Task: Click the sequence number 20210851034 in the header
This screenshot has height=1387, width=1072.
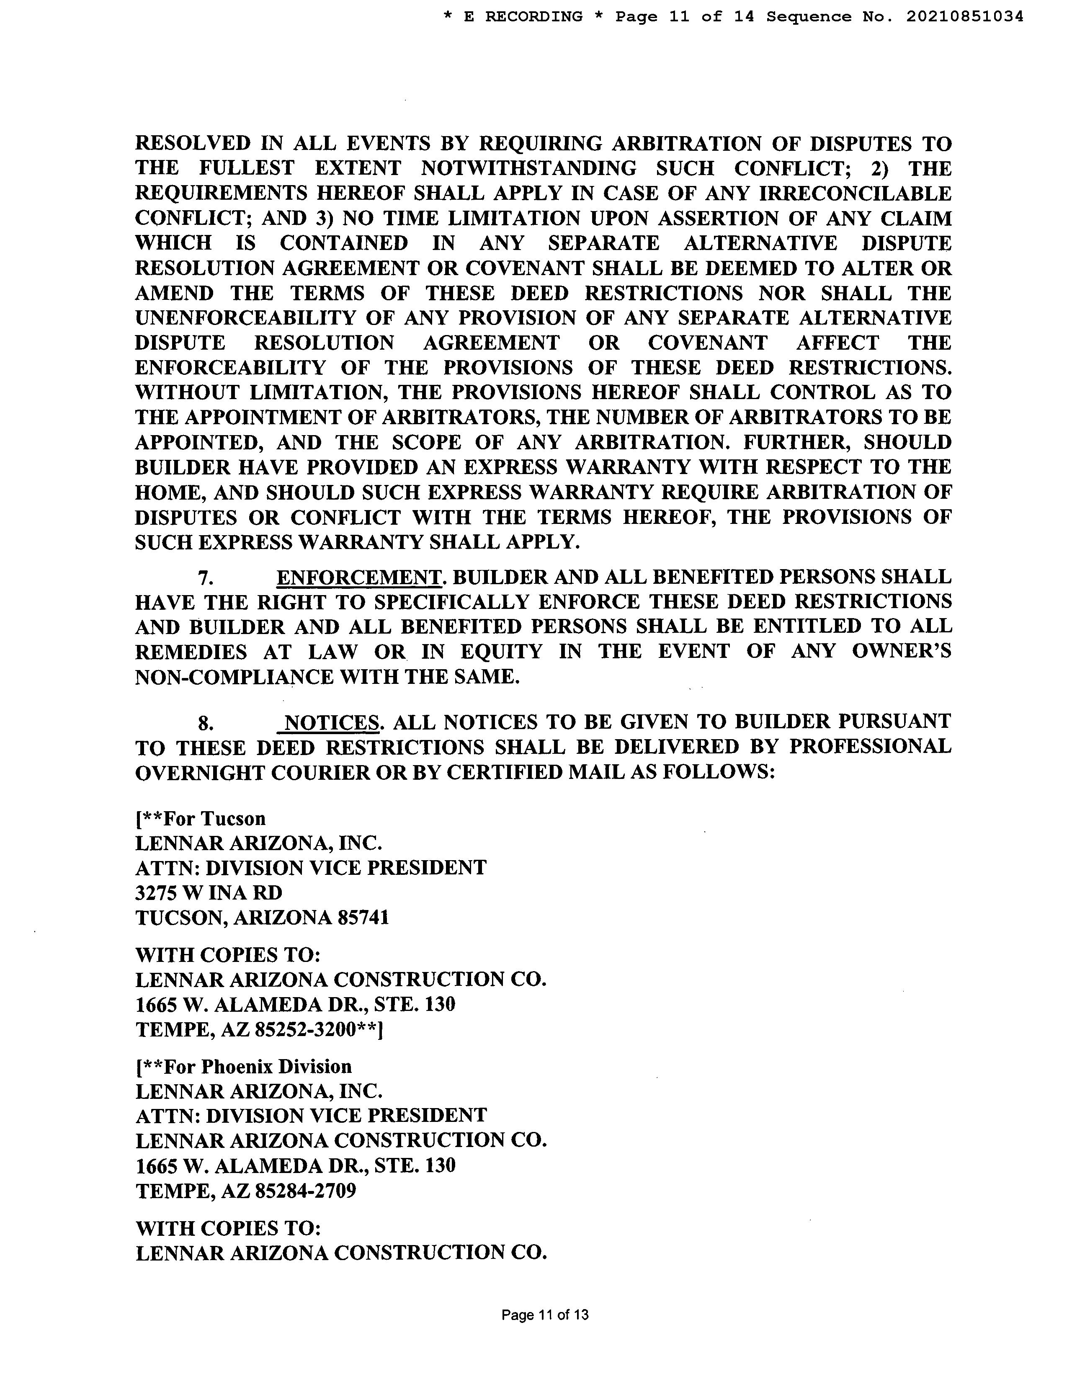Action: (964, 16)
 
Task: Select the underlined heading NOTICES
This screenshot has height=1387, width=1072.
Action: (332, 722)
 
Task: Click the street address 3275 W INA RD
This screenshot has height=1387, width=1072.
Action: (209, 893)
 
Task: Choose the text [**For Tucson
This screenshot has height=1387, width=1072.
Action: (201, 818)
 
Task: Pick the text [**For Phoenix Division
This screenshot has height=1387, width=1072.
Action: (244, 1066)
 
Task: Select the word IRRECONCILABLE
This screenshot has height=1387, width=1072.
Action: (856, 193)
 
